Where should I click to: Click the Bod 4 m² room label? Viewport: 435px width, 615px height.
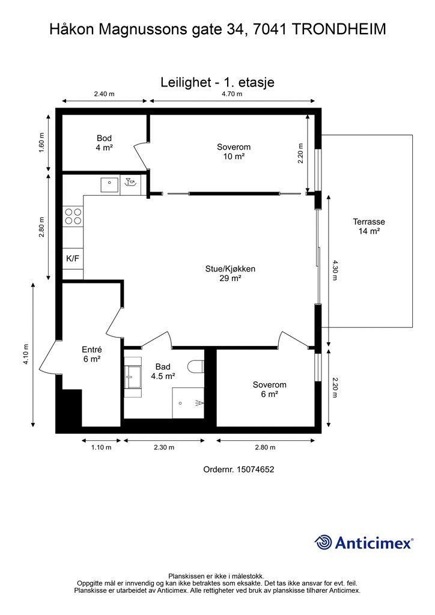coord(104,143)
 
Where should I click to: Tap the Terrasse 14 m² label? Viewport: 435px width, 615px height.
coord(369,226)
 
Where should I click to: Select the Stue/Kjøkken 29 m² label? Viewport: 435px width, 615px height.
coord(230,273)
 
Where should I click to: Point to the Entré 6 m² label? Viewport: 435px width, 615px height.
coord(92,354)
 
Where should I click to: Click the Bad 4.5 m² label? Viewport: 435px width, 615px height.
coord(163,371)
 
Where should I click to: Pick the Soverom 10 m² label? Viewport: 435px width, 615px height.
coord(234,151)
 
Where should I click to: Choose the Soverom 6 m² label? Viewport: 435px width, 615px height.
coord(270,389)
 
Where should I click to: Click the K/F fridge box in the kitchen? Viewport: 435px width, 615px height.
coord(73,259)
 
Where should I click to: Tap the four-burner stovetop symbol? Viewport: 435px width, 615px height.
coord(73,216)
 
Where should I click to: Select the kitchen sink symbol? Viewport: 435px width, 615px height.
coord(109,185)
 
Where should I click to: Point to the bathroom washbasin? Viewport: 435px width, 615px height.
coord(133,377)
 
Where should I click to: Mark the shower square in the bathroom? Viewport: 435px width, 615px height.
coord(188,403)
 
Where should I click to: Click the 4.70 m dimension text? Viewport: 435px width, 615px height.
coord(232,94)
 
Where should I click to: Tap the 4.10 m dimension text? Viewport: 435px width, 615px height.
coord(26,354)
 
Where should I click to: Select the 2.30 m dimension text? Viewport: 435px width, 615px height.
coord(164,447)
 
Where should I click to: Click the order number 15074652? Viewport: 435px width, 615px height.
coord(256,469)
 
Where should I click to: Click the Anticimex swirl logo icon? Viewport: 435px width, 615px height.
coord(323,542)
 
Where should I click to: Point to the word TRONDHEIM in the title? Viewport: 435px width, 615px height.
coord(339,29)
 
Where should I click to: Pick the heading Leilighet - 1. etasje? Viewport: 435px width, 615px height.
coord(218,82)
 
